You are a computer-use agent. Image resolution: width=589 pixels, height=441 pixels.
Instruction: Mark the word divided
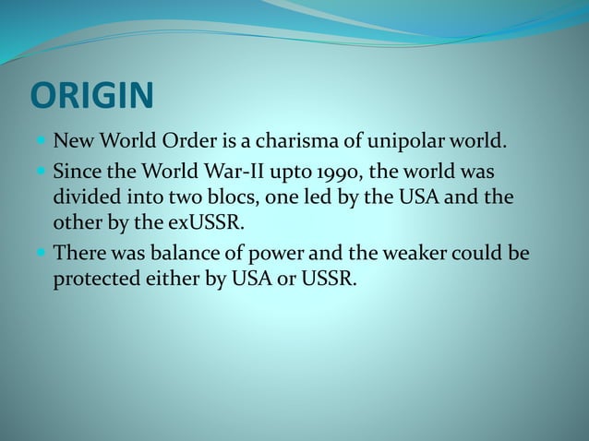point(85,197)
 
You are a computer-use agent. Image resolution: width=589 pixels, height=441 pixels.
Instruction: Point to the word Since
point(77,172)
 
